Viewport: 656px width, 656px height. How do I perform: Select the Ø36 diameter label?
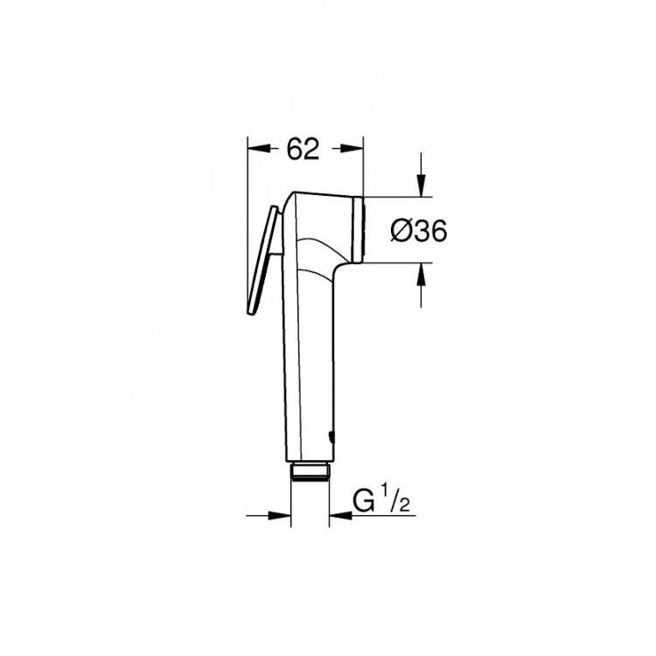tap(418, 230)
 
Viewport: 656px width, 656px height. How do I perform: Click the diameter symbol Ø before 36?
tap(399, 230)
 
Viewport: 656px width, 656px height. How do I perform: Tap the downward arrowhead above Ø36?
tap(421, 186)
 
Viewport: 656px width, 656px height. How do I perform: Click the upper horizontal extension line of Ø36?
tap(394, 195)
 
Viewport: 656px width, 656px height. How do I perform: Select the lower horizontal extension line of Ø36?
tap(394, 262)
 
